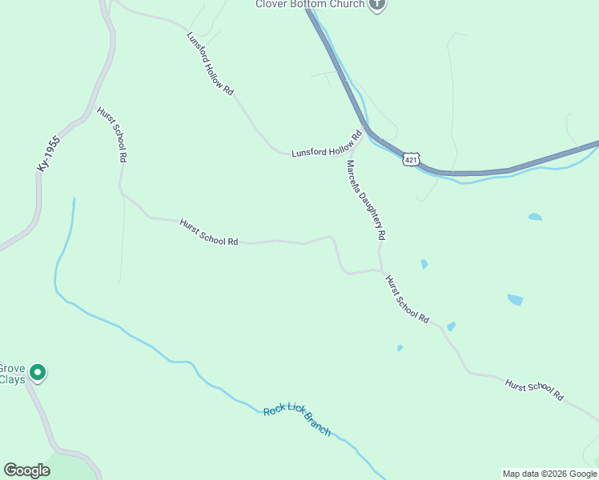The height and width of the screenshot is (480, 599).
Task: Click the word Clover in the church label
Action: point(271,4)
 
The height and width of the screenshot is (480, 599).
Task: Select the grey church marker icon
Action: point(378,4)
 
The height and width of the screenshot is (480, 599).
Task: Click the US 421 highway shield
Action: point(411,159)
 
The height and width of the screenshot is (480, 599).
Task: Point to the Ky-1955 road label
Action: point(49,152)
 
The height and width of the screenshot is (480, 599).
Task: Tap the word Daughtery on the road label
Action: point(376,216)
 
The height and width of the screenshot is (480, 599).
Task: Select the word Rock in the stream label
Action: point(273,412)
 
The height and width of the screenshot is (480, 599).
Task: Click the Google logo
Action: point(26,470)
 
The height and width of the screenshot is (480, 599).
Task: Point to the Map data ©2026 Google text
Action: point(550,474)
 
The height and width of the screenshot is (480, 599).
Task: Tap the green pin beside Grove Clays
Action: point(38,372)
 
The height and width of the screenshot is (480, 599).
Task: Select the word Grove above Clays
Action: point(12,368)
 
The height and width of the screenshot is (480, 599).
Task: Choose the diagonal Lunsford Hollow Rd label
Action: point(210,64)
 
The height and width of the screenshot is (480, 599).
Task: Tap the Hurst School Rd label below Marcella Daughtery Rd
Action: point(407,299)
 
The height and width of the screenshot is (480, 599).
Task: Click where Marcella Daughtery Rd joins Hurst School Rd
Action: point(381,270)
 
